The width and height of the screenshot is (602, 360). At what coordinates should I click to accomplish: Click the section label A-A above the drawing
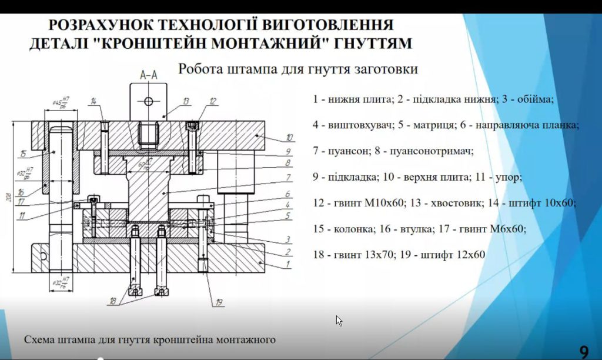click(x=148, y=75)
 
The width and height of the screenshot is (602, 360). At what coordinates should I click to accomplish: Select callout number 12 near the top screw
click(x=213, y=101)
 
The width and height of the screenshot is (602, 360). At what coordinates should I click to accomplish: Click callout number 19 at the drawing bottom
click(x=219, y=302)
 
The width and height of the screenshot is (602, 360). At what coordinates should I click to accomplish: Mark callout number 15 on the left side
click(x=22, y=155)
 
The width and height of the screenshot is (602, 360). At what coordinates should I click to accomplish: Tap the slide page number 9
click(x=584, y=352)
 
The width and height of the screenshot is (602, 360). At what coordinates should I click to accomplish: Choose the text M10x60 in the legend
click(x=386, y=203)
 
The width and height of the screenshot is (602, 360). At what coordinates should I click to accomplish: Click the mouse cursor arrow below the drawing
click(x=339, y=321)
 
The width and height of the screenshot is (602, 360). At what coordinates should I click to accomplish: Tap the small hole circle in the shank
click(x=148, y=101)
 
